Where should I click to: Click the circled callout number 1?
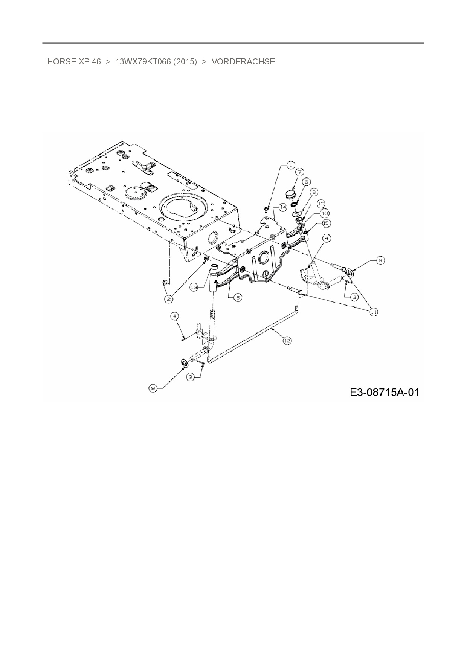click(x=290, y=165)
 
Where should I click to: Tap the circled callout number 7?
click(x=300, y=172)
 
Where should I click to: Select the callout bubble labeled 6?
click(x=307, y=182)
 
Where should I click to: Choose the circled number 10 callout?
click(x=324, y=213)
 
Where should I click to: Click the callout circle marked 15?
click(x=326, y=223)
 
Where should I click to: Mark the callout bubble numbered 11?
click(x=374, y=312)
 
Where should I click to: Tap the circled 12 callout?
click(x=287, y=340)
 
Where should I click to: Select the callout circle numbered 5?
click(x=238, y=298)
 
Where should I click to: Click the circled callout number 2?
click(x=169, y=299)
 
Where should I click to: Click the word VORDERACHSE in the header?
click(x=243, y=61)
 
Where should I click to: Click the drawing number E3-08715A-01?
click(x=385, y=392)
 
